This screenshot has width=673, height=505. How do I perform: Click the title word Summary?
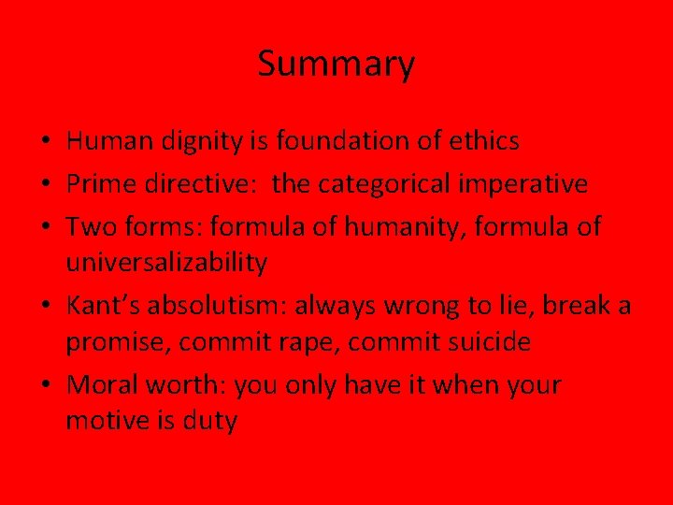pos(336,65)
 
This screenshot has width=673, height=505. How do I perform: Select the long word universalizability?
pos(165,263)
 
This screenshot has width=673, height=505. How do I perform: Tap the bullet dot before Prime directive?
pos(49,184)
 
